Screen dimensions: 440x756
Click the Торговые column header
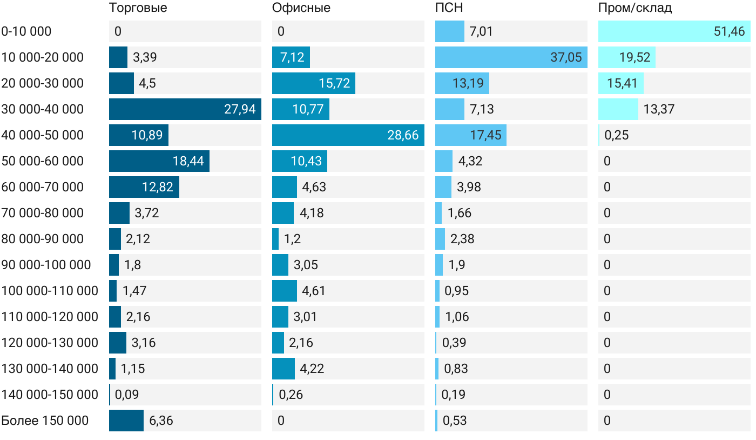pyautogui.click(x=138, y=8)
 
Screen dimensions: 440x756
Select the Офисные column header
pyautogui.click(x=301, y=8)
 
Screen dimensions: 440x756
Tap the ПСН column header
pyautogui.click(x=449, y=8)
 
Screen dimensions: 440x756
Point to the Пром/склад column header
pyautogui.click(x=634, y=8)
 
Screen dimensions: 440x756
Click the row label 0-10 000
pyautogui.click(x=26, y=31)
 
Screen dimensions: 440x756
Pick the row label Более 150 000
pyautogui.click(x=45, y=421)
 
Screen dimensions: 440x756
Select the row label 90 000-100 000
pyautogui.click(x=46, y=265)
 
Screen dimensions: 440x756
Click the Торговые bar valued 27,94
pyautogui.click(x=185, y=109)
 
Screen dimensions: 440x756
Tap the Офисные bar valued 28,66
pyautogui.click(x=348, y=135)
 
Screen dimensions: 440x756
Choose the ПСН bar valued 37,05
pyautogui.click(x=511, y=57)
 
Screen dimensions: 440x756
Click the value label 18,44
pyautogui.click(x=188, y=161)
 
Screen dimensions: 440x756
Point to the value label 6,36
pyautogui.click(x=161, y=421)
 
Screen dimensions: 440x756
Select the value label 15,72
pyautogui.click(x=335, y=83)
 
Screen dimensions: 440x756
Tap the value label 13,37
pyautogui.click(x=659, y=109)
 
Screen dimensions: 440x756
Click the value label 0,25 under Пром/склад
pyautogui.click(x=617, y=135)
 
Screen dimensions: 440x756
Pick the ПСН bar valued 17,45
pyautogui.click(x=471, y=135)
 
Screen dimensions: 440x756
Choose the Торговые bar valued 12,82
pyautogui.click(x=144, y=187)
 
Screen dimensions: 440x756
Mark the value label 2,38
pyautogui.click(x=462, y=239)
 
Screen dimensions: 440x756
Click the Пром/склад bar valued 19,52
pyautogui.click(x=627, y=57)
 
